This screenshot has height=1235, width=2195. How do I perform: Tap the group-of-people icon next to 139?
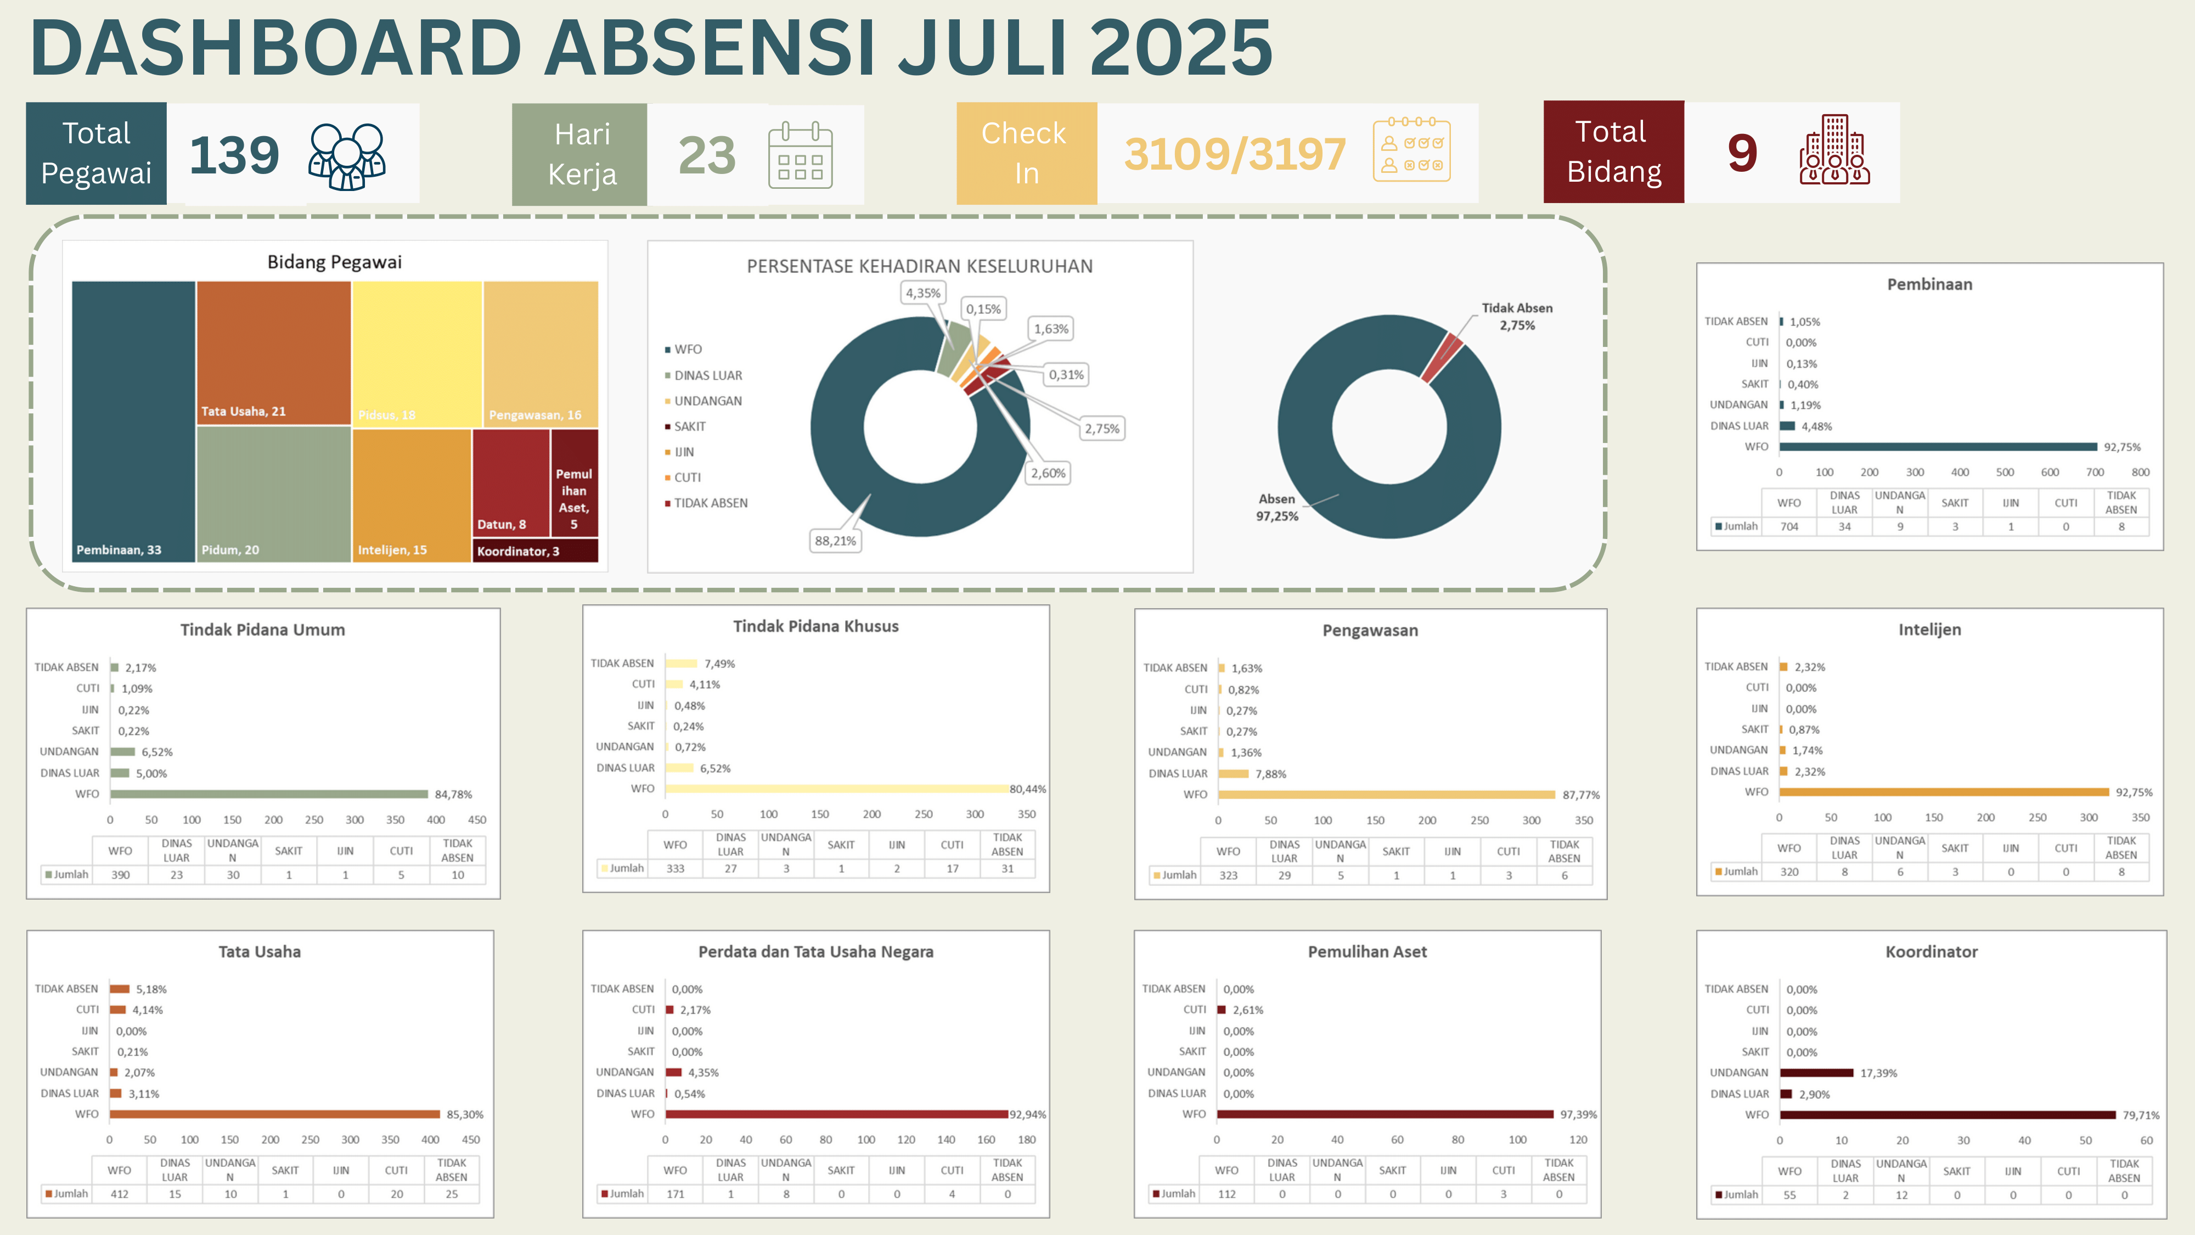(347, 156)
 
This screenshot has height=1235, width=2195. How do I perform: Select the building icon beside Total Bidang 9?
(1834, 150)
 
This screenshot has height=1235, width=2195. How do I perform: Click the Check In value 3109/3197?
(1235, 154)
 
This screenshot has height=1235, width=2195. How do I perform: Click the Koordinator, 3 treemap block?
(535, 551)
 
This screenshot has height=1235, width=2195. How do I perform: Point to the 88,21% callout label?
(835, 540)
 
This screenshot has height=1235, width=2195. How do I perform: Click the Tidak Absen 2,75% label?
(1517, 316)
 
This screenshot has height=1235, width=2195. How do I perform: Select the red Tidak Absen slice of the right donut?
(1442, 358)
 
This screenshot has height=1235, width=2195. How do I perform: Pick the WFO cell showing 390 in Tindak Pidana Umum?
(120, 874)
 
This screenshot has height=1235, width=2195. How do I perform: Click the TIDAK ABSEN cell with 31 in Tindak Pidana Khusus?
(1007, 868)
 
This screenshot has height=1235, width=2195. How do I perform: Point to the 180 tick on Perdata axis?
(1027, 1139)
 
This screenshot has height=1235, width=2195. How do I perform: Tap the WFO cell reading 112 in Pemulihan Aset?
(1226, 1194)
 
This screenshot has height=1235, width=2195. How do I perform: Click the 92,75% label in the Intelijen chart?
(2134, 793)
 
